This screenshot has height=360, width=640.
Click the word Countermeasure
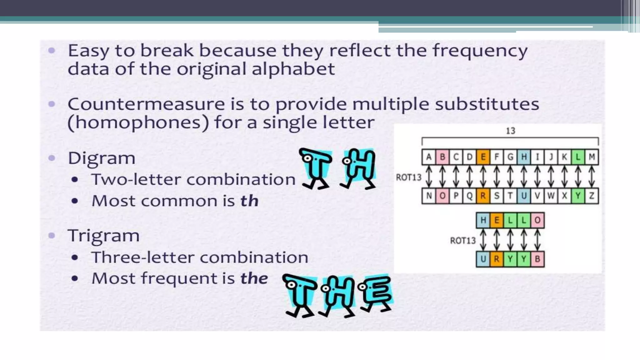[x=146, y=104]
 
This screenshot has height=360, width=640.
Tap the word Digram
[x=102, y=158]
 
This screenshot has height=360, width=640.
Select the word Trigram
[x=103, y=236]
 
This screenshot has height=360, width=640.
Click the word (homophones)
[x=138, y=122]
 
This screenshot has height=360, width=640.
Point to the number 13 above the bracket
[x=510, y=131]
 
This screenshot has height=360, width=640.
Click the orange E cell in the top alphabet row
[x=483, y=157]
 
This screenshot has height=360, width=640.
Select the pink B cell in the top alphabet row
[x=442, y=157]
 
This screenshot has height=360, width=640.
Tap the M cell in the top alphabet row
[x=592, y=157]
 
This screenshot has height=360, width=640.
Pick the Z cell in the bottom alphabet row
[x=592, y=196]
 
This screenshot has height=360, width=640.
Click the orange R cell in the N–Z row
[x=483, y=196]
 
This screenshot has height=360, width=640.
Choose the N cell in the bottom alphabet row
[x=429, y=196]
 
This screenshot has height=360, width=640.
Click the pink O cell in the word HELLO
[x=537, y=220]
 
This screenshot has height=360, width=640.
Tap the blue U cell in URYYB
[x=483, y=259]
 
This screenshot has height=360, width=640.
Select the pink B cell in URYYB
[x=537, y=259]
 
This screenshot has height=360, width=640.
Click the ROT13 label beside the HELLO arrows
[x=462, y=240]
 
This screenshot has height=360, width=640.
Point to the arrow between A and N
[x=429, y=177]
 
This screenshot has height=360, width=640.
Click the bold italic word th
[x=249, y=201]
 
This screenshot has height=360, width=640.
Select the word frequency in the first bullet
[x=480, y=51]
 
